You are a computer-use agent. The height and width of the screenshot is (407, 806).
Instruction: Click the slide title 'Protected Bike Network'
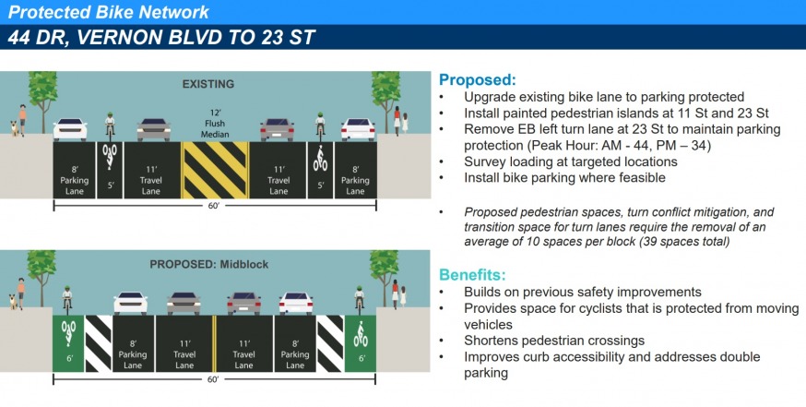click(109, 12)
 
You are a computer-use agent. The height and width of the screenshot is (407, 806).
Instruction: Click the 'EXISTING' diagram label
click(207, 84)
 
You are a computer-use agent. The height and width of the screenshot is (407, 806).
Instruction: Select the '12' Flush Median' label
click(214, 124)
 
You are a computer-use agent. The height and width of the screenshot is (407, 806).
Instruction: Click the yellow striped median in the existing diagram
click(214, 170)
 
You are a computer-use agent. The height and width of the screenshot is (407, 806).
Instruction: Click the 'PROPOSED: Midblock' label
click(209, 265)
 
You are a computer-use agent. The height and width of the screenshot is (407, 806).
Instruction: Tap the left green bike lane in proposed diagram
click(68, 343)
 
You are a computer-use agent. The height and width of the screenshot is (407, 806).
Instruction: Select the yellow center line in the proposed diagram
click(214, 343)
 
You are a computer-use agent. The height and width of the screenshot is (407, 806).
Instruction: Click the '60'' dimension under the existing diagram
click(214, 206)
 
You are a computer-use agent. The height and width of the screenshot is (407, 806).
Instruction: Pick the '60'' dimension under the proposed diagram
click(213, 379)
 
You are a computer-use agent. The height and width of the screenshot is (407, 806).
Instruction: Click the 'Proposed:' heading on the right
click(477, 79)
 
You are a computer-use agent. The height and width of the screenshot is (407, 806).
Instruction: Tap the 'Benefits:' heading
click(472, 275)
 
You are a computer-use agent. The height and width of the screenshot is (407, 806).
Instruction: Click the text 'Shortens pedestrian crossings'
click(554, 341)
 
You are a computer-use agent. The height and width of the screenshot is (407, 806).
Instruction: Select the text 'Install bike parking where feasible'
click(564, 178)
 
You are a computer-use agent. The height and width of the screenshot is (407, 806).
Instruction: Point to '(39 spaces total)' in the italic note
click(684, 241)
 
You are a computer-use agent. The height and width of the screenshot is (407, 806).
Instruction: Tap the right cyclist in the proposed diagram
click(360, 299)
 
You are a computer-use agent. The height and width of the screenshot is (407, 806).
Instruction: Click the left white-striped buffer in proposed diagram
click(98, 343)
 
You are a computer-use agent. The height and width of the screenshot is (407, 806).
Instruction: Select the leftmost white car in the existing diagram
click(70, 129)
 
